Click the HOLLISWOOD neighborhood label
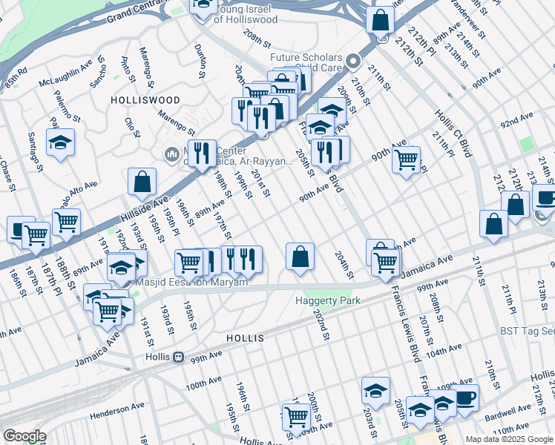(145, 99)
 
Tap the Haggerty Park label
(327, 300)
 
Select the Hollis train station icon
(177, 357)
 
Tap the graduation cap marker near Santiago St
(61, 142)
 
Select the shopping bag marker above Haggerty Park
(300, 257)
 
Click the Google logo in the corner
(24, 436)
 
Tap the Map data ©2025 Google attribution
(508, 439)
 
